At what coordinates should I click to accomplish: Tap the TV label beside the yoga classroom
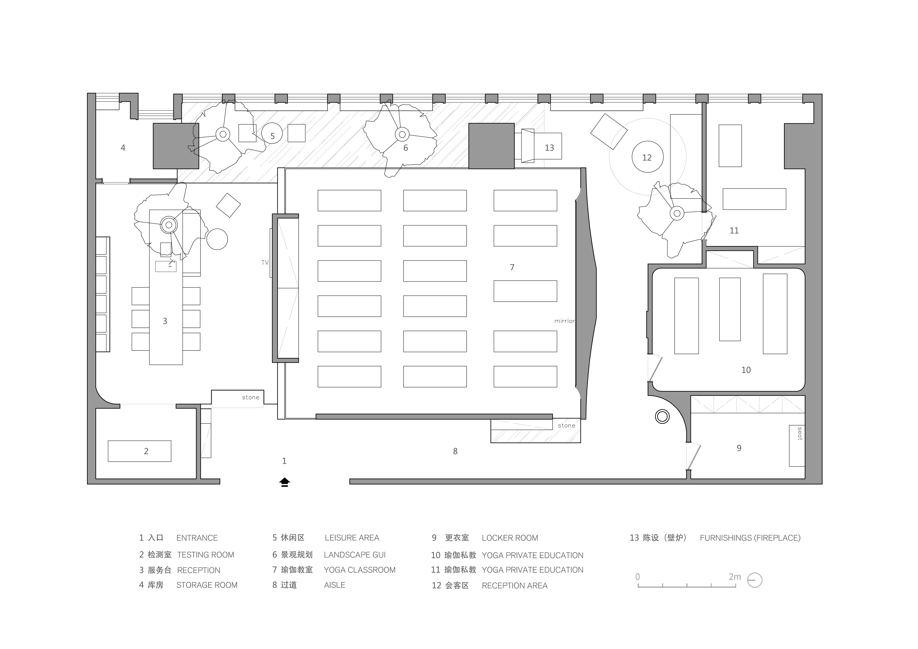point(265,263)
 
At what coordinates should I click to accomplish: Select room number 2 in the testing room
point(146,451)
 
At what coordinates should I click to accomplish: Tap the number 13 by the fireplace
point(549,148)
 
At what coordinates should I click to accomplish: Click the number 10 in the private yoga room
point(746,370)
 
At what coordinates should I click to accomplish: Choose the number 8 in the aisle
point(455,451)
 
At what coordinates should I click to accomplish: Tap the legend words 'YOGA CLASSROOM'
point(360,570)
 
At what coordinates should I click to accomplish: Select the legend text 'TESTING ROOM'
point(206,555)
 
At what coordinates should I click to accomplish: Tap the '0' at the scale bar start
point(638,577)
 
